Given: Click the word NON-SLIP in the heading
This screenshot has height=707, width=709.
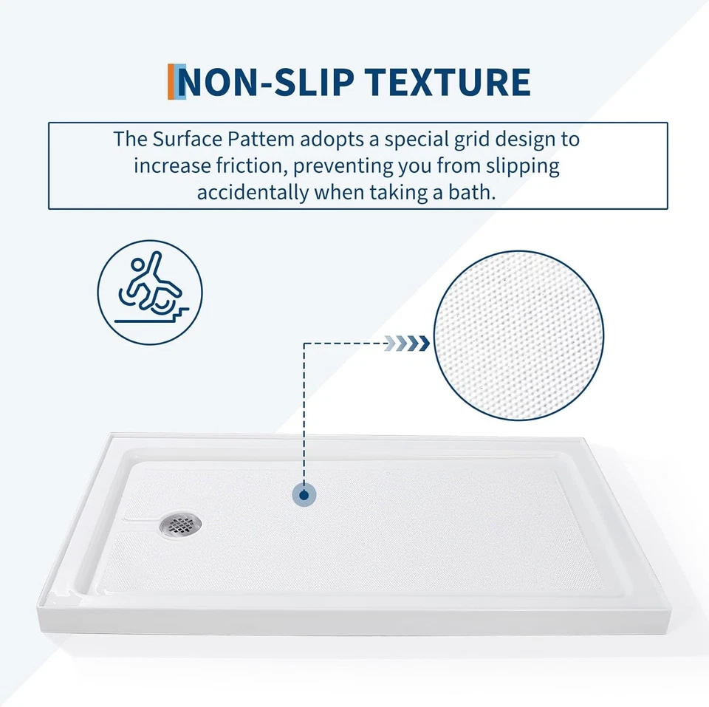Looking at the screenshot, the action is point(267,82).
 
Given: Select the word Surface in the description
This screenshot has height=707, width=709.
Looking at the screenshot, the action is point(187,139).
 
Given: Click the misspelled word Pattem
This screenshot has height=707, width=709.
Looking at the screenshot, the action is point(261,139).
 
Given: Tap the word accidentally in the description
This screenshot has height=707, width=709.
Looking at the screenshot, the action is point(253,193).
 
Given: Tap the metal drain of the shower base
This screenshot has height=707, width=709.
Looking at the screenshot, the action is point(180,525).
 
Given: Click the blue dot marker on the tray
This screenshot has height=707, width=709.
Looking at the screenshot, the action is point(304,495).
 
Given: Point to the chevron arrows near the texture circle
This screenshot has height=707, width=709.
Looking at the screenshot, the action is point(406,344).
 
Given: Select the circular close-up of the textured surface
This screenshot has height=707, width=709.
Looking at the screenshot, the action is point(518,335).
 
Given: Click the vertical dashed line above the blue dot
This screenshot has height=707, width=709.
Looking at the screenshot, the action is point(304,414).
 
